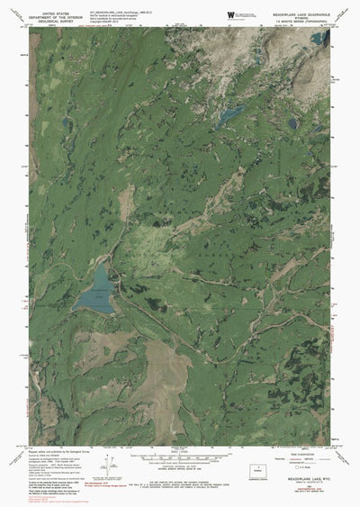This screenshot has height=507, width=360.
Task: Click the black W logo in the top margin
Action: pos(231,14)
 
